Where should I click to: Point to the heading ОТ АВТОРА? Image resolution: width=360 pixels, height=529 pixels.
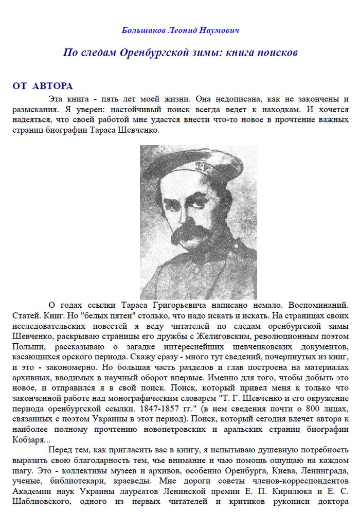pyautogui.click(x=43, y=86)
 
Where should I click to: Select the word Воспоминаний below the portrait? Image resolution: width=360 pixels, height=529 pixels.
pyautogui.click(x=315, y=305)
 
